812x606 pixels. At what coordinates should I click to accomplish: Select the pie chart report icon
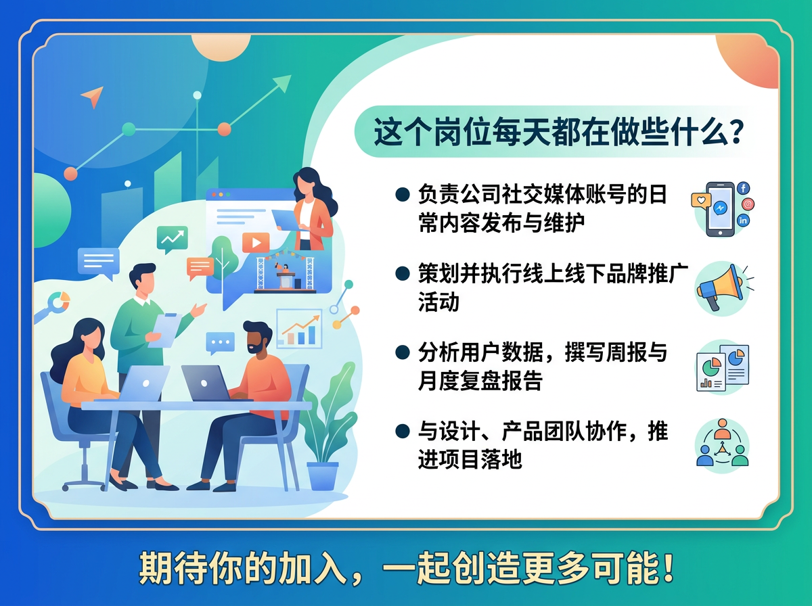click(x=722, y=367)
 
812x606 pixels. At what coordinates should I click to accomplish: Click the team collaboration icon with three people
click(x=723, y=444)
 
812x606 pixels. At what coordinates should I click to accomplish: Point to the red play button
click(x=256, y=242)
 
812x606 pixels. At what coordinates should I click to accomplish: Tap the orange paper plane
click(x=92, y=97)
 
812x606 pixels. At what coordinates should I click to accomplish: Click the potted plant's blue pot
click(x=322, y=475)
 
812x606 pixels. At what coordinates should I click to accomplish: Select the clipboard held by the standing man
click(x=164, y=330)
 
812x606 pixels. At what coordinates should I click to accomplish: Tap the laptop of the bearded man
click(x=205, y=383)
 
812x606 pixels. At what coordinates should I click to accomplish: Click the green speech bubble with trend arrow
click(x=172, y=239)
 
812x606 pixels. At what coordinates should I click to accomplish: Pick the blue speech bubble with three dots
click(x=220, y=343)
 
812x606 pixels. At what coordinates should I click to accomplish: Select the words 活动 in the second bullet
click(x=438, y=302)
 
